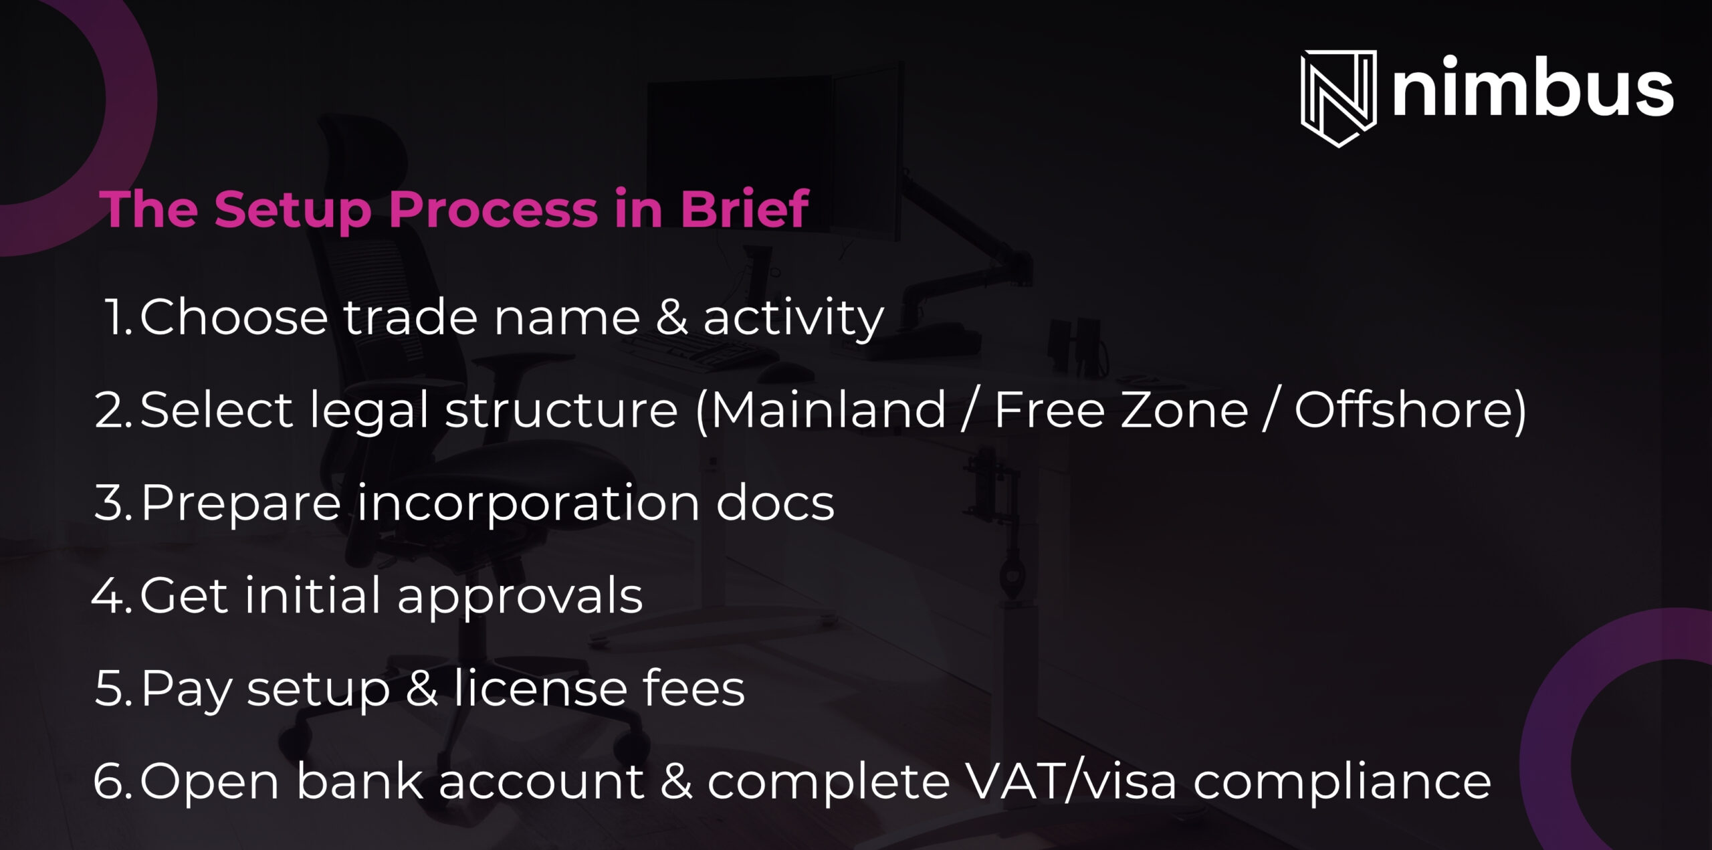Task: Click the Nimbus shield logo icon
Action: [x=1338, y=98]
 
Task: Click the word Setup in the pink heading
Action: [x=292, y=210]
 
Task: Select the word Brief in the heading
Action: [x=744, y=208]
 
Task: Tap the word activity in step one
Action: [x=794, y=318]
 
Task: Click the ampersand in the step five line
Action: [x=422, y=688]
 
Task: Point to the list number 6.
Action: [x=112, y=781]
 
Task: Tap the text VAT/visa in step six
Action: [x=1069, y=780]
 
